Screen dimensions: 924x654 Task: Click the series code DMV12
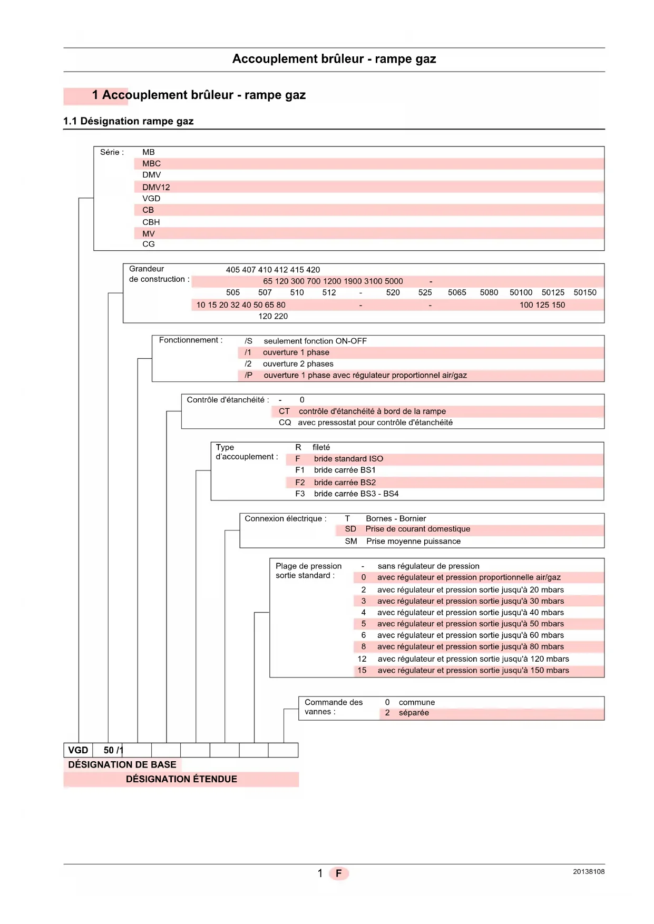[156, 187]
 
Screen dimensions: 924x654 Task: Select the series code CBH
[151, 222]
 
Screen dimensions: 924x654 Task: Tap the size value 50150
[585, 292]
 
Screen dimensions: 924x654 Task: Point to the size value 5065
[457, 292]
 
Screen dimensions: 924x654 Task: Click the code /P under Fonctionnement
[249, 375]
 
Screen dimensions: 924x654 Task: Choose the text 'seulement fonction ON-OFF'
[315, 341]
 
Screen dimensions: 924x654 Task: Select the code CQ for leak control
[285, 422]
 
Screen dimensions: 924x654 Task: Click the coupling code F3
[300, 494]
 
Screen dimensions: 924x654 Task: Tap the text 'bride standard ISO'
[348, 459]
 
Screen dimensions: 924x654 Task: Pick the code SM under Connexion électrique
[351, 541]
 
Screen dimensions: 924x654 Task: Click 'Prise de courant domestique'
[418, 529]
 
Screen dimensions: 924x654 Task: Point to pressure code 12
[362, 658]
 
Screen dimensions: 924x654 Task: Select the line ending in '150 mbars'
[473, 670]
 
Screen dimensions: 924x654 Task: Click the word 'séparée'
[414, 713]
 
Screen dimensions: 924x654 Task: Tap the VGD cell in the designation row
[78, 750]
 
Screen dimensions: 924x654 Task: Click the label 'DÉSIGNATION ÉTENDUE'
[181, 779]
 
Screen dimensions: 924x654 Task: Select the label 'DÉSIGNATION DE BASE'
[122, 764]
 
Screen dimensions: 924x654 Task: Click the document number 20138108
[589, 872]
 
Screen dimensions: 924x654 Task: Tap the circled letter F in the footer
[339, 873]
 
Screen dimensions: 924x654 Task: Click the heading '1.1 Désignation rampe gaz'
[129, 121]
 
